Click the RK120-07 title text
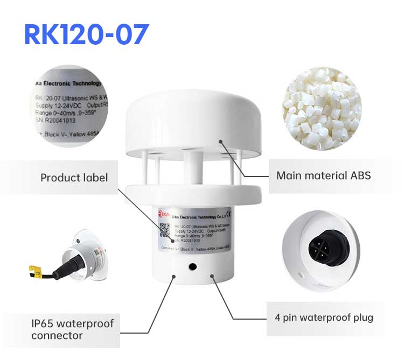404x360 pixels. (x=86, y=34)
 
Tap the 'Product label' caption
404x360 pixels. (x=74, y=178)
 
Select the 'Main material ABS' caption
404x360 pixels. (x=323, y=175)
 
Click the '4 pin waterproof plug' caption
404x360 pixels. (x=323, y=317)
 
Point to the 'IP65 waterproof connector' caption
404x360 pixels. (x=72, y=329)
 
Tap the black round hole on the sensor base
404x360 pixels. (x=191, y=266)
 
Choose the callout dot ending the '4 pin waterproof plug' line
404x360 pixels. (x=212, y=276)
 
